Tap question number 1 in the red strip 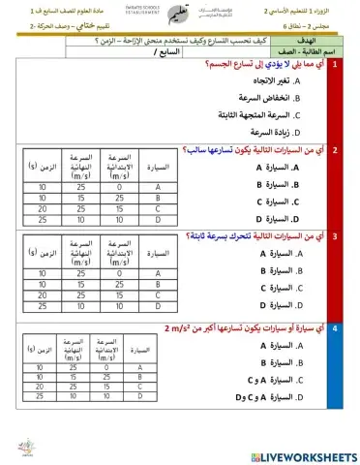(x=335, y=64)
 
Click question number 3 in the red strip (x=335, y=236)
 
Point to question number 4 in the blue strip (x=335, y=328)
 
